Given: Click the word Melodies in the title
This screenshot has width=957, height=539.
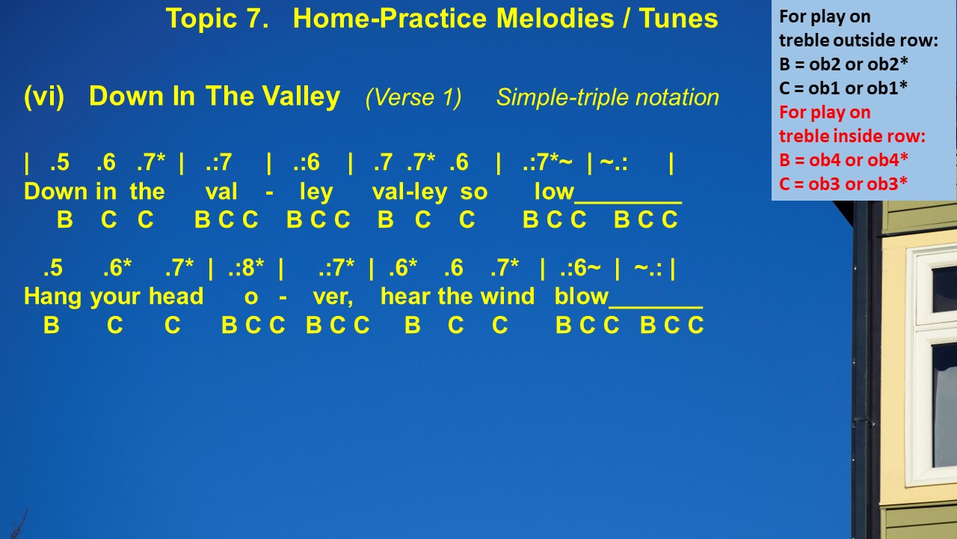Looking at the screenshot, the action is pyautogui.click(x=555, y=19).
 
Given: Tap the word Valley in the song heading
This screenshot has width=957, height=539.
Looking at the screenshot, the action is pyautogui.click(x=301, y=97).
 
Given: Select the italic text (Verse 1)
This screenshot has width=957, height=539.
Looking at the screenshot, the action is pyautogui.click(x=413, y=97).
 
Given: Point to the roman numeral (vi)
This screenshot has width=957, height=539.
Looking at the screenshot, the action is pyautogui.click(x=44, y=97).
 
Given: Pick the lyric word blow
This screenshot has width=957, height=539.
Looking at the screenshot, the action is pyautogui.click(x=581, y=296).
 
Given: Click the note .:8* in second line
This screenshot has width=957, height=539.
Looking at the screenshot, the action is pyautogui.click(x=246, y=268).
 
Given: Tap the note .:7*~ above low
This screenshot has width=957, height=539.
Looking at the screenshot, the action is pyautogui.click(x=547, y=162).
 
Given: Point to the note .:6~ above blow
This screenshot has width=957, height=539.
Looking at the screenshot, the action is pyautogui.click(x=580, y=268).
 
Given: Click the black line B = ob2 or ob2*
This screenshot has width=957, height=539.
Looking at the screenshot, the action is pyautogui.click(x=843, y=64).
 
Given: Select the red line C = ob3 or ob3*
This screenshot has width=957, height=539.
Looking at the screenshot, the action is pyautogui.click(x=843, y=184).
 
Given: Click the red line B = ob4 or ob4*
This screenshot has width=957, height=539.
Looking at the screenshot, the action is pyautogui.click(x=843, y=160).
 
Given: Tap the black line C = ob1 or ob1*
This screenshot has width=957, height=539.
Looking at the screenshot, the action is pyautogui.click(x=843, y=88).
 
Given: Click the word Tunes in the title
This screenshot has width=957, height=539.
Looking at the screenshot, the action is pyautogui.click(x=678, y=19).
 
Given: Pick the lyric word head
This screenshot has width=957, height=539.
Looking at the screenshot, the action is pyautogui.click(x=176, y=296).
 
